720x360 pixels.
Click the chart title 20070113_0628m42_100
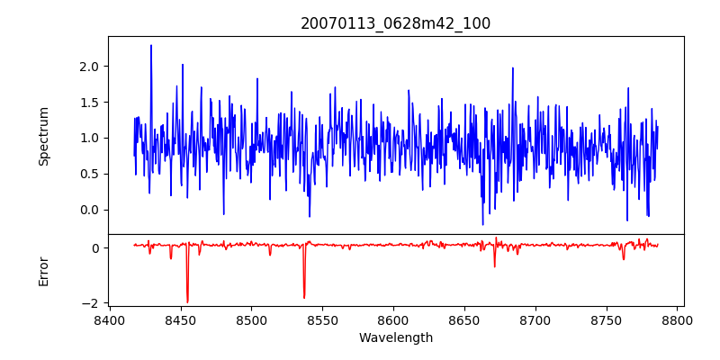(x=395, y=23)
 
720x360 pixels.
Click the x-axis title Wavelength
(x=395, y=337)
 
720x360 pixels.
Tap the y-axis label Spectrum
(x=43, y=136)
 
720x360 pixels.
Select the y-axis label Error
(x=43, y=271)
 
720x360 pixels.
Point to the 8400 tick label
(x=109, y=319)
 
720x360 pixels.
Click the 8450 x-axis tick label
(x=180, y=319)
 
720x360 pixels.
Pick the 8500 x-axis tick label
(x=251, y=319)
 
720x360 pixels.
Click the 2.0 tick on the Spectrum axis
(x=88, y=67)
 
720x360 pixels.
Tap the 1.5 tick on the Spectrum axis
(x=88, y=103)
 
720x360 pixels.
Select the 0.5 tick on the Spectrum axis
(x=88, y=174)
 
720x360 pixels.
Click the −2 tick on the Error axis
(x=90, y=303)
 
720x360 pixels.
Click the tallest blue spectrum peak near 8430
(x=151, y=46)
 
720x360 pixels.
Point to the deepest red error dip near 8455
(x=187, y=301)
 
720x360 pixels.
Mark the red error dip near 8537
(x=304, y=297)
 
